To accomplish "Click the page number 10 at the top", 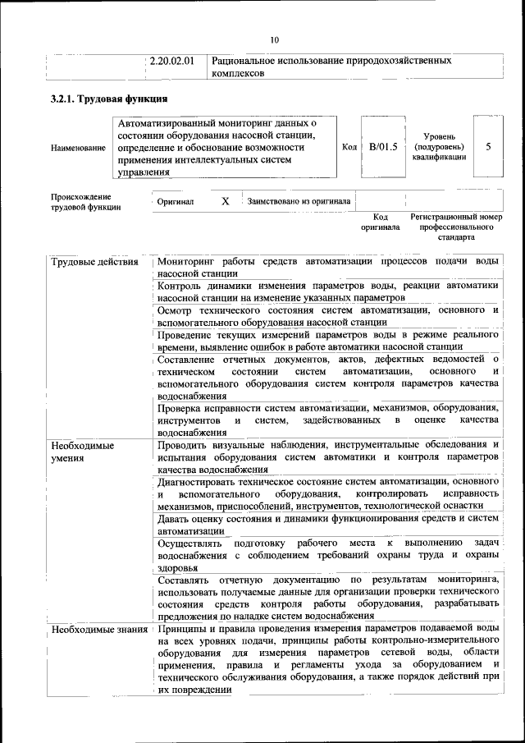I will tap(275, 39).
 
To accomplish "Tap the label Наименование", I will tap(78, 148).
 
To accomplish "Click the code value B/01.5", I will tap(383, 147).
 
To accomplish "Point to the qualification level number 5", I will tap(489, 147).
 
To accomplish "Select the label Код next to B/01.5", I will tap(349, 147).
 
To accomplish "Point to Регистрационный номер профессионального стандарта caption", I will tap(456, 227).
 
